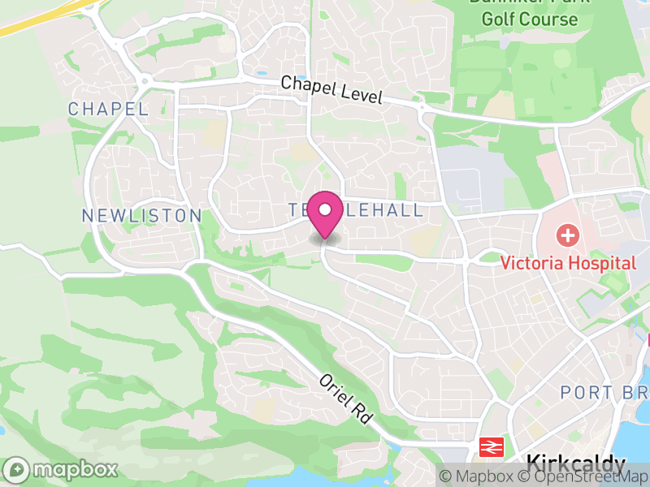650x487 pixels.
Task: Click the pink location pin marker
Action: [325, 211]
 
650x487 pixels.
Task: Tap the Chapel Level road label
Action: [331, 88]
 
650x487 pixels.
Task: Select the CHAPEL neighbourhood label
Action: [108, 109]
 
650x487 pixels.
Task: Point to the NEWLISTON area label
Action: [141, 215]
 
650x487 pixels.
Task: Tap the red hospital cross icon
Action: [567, 237]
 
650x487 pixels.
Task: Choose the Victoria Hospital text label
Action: [568, 263]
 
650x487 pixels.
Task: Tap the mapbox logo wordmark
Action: [75, 470]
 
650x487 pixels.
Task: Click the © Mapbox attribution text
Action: [476, 476]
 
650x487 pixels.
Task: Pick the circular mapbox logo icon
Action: [17, 470]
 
